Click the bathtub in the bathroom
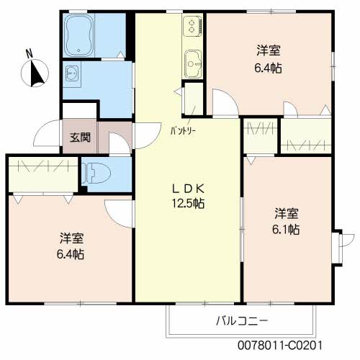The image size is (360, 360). tap(79, 35)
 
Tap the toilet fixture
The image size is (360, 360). tap(96, 173)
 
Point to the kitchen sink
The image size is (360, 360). tap(193, 64)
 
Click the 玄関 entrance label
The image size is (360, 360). tap(80, 138)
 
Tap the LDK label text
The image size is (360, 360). tap(189, 189)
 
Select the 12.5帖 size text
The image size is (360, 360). tap(188, 204)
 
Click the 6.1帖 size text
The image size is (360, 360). tap(286, 230)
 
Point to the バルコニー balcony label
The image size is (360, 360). tap(242, 320)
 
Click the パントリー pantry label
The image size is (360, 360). tap(184, 131)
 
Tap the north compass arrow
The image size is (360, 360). tap(36, 73)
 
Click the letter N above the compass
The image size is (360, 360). tap(30, 54)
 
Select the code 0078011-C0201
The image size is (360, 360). tap(280, 346)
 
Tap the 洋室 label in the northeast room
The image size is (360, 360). tap(269, 50)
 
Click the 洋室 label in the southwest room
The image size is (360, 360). tap(72, 238)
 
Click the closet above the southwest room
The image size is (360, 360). tap(43, 174)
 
